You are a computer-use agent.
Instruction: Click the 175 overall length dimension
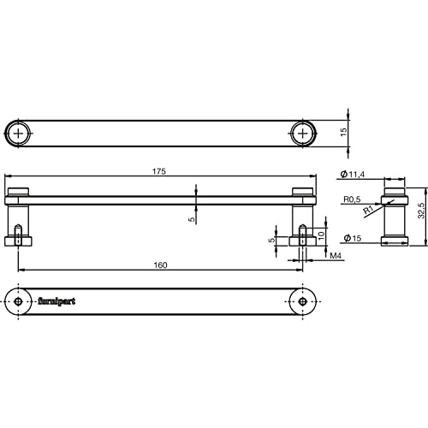159,171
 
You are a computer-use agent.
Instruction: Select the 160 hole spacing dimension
160,265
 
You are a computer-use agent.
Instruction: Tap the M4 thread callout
336,256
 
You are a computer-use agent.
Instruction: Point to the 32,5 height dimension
421,211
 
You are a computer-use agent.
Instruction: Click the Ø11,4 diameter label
353,174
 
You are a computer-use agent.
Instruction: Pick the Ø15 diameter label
353,238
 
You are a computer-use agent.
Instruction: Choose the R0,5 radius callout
352,199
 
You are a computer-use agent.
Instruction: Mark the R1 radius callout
369,210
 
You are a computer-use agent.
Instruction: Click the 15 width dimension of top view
343,132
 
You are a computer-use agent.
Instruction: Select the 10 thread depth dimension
321,235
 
